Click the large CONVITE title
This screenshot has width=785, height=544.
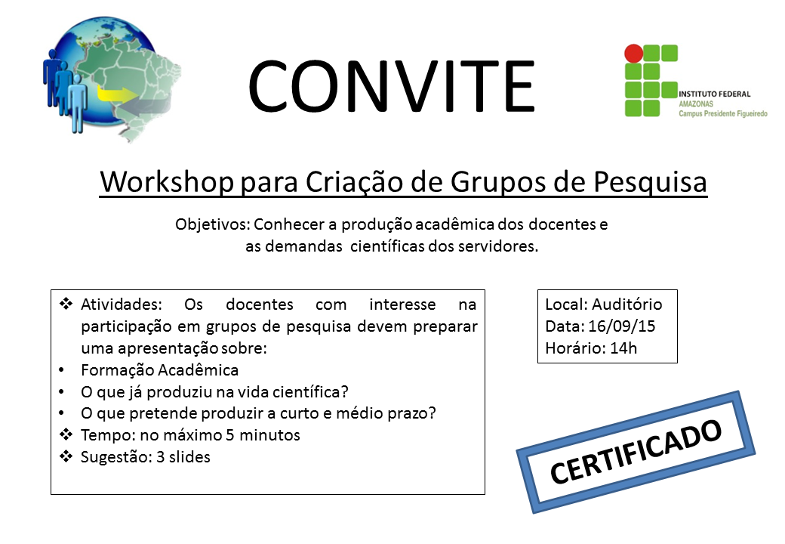[392, 86]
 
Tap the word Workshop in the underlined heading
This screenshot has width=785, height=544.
[168, 182]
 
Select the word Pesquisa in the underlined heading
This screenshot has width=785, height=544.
[650, 182]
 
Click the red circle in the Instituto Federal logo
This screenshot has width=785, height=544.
[633, 54]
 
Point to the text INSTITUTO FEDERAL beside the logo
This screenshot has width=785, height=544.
[714, 94]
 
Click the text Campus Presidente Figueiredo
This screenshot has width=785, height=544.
[723, 113]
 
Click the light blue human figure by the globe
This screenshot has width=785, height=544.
[78, 104]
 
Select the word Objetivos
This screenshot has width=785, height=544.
[212, 224]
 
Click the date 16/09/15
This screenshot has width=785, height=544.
[621, 326]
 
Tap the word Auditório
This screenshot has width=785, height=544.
[626, 304]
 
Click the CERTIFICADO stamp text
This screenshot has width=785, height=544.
[636, 452]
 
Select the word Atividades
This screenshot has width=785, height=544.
[122, 304]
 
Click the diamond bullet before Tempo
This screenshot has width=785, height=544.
[66, 434]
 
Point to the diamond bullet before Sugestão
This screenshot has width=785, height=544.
[66, 456]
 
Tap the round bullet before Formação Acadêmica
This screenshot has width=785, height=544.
[62, 370]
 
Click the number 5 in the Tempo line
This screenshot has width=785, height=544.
[229, 434]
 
